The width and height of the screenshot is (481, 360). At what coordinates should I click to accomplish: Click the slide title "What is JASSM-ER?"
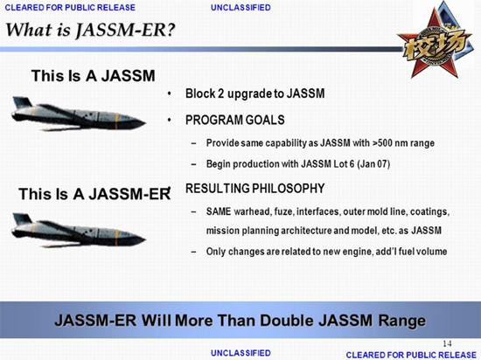pyautogui.click(x=90, y=30)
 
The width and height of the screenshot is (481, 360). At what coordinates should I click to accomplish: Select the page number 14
pyautogui.click(x=447, y=343)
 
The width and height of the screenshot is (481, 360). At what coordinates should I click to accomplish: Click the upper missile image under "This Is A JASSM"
pyautogui.click(x=78, y=114)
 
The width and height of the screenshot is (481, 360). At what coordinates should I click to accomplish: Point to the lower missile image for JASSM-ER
pyautogui.click(x=78, y=231)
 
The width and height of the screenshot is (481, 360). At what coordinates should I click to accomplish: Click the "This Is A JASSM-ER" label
pyautogui.click(x=94, y=194)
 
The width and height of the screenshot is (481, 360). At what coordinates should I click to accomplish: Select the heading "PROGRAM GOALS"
pyautogui.click(x=235, y=120)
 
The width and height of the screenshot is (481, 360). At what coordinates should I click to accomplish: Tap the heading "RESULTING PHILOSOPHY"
pyautogui.click(x=254, y=188)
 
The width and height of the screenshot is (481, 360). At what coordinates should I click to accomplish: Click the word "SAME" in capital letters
pyautogui.click(x=219, y=211)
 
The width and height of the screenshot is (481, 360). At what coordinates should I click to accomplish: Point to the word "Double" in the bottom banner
pyautogui.click(x=287, y=321)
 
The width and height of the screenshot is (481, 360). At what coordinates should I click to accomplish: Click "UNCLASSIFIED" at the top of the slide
pyautogui.click(x=240, y=7)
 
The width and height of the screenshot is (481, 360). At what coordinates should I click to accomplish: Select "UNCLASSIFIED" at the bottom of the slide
pyautogui.click(x=240, y=353)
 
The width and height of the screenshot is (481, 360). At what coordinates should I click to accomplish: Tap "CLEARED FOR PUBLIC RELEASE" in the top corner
pyautogui.click(x=70, y=7)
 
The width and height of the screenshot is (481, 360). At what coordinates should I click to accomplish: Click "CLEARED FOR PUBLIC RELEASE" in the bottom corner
pyautogui.click(x=411, y=355)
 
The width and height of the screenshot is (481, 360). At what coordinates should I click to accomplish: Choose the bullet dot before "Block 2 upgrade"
pyautogui.click(x=170, y=93)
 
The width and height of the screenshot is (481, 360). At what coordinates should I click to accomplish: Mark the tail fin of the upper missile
pyautogui.click(x=22, y=102)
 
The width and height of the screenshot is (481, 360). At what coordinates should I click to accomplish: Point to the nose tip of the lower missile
pyautogui.click(x=145, y=239)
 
